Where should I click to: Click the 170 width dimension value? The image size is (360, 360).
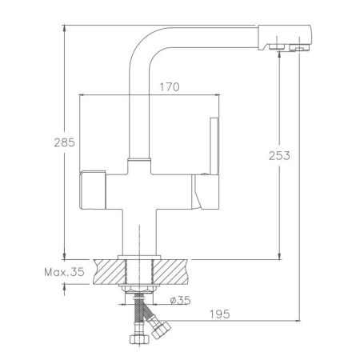click(x=167, y=86)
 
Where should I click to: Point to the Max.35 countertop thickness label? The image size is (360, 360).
click(x=65, y=273)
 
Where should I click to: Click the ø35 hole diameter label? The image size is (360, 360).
click(x=180, y=302)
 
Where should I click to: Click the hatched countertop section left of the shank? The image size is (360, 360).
click(x=105, y=270)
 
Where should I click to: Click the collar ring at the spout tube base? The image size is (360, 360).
click(x=139, y=162)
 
